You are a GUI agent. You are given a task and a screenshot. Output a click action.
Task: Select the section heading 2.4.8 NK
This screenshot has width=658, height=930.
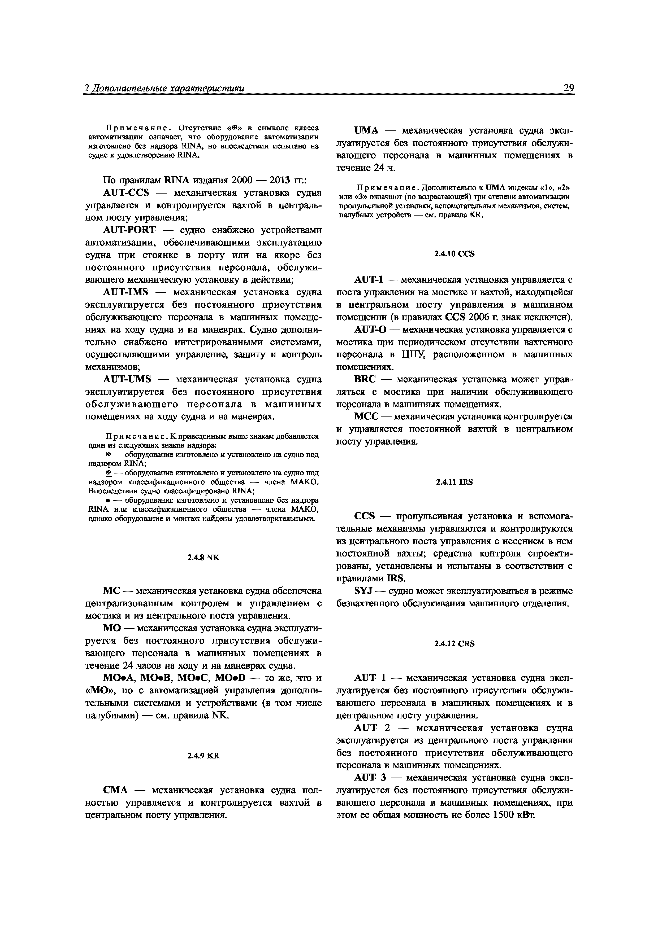(x=203, y=557)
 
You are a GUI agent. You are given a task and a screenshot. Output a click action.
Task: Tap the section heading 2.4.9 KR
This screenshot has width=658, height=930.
(x=203, y=755)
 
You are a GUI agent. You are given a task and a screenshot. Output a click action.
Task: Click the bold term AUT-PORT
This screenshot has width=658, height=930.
(x=129, y=230)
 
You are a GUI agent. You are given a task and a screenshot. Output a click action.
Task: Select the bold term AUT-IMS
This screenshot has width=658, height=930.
(x=126, y=292)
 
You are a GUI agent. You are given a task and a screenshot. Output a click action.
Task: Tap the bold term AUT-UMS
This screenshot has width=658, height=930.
(x=127, y=379)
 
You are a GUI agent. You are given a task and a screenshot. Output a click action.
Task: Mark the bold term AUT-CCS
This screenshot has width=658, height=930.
(x=126, y=192)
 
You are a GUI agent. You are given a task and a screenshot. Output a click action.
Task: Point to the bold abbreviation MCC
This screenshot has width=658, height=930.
(x=366, y=416)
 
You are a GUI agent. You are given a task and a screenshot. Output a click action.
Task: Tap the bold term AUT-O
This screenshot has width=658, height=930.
(x=370, y=329)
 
